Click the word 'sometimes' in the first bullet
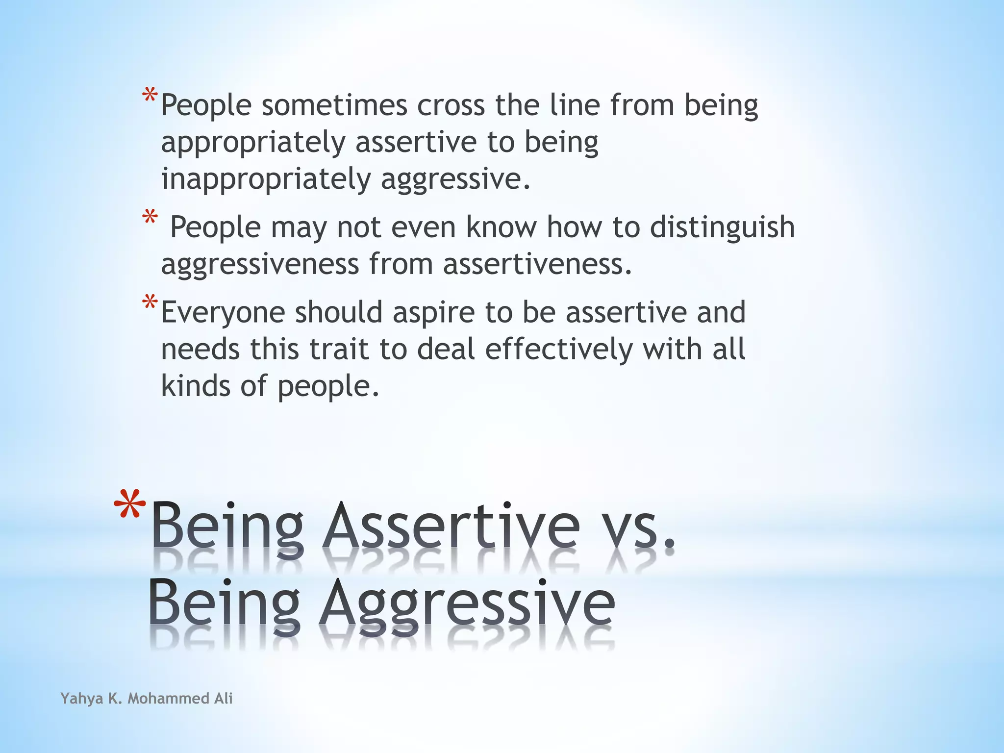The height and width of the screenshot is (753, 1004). pos(334,105)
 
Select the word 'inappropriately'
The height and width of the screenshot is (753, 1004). pos(266,179)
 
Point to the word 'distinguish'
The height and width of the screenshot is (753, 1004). pos(722,227)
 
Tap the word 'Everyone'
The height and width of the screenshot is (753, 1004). pos(223,313)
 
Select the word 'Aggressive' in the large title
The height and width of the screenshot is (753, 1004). pos(467,604)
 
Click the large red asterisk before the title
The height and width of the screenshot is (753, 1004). pos(129,505)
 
